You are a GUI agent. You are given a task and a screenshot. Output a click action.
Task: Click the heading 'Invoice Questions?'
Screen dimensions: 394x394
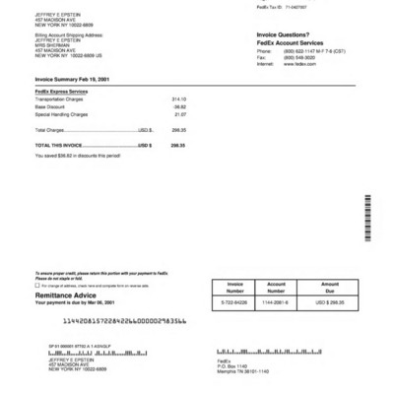[x=283, y=34]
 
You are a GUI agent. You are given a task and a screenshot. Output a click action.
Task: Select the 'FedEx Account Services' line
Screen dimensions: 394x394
[x=290, y=43]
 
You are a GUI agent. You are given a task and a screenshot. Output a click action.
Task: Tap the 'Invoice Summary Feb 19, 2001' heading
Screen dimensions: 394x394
[x=73, y=78]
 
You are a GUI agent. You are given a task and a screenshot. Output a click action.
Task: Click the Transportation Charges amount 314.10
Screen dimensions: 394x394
[x=178, y=99]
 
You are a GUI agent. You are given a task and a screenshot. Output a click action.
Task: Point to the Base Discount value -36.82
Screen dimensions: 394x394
[x=179, y=107]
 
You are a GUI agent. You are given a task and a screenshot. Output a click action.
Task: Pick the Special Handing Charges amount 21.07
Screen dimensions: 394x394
[x=180, y=114]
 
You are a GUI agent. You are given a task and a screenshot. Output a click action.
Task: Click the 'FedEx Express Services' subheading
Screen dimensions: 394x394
[x=61, y=91]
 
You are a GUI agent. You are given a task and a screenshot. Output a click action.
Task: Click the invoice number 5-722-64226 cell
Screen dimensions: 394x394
[x=234, y=302]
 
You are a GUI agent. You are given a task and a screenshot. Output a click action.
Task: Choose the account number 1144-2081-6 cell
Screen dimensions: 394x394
[x=277, y=302]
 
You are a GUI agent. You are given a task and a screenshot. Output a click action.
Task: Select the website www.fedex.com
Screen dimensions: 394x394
[x=299, y=63]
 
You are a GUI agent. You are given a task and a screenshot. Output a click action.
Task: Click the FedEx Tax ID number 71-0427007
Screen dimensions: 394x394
[x=297, y=6]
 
